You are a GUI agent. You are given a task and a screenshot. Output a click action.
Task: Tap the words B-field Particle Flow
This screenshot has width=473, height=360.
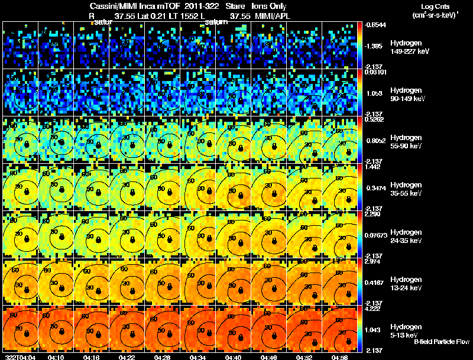click(x=442, y=342)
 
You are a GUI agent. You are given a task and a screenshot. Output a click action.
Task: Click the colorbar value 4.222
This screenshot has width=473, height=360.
click(x=374, y=308)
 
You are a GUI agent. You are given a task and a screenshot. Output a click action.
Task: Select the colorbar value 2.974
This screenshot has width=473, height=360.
click(x=374, y=261)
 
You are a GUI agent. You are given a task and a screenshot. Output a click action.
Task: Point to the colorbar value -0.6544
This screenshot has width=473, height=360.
click(x=375, y=25)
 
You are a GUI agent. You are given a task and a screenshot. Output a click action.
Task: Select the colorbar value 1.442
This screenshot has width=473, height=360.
click(x=374, y=167)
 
